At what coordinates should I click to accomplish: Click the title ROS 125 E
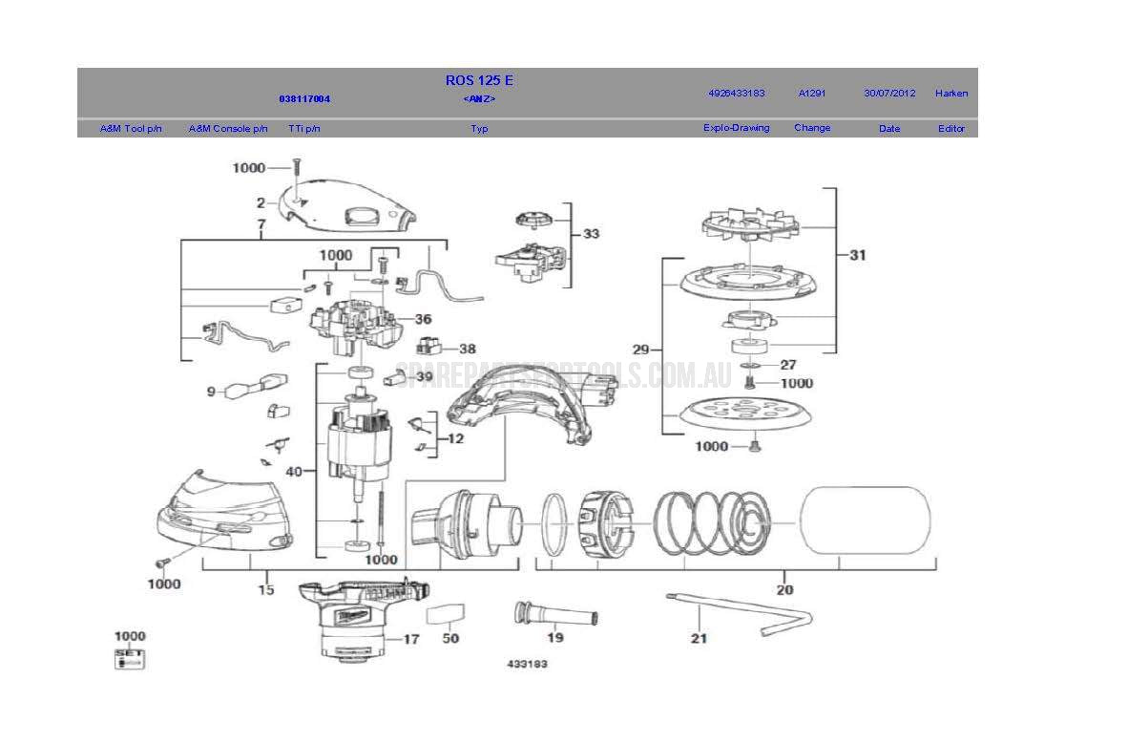click(x=479, y=81)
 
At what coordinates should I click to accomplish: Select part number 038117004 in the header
click(x=304, y=99)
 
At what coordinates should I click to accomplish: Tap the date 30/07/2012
click(x=888, y=94)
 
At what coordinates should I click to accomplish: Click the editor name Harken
click(x=950, y=94)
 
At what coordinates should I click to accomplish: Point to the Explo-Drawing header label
click(x=736, y=128)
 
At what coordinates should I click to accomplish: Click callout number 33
click(x=592, y=234)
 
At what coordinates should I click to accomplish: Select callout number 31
click(x=858, y=255)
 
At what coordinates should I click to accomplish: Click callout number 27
click(x=787, y=365)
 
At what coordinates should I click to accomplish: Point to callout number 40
click(x=294, y=472)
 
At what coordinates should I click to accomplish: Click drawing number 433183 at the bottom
click(x=527, y=663)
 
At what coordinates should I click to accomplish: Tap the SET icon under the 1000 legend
click(x=129, y=657)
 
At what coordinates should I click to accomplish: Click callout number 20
click(x=784, y=589)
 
